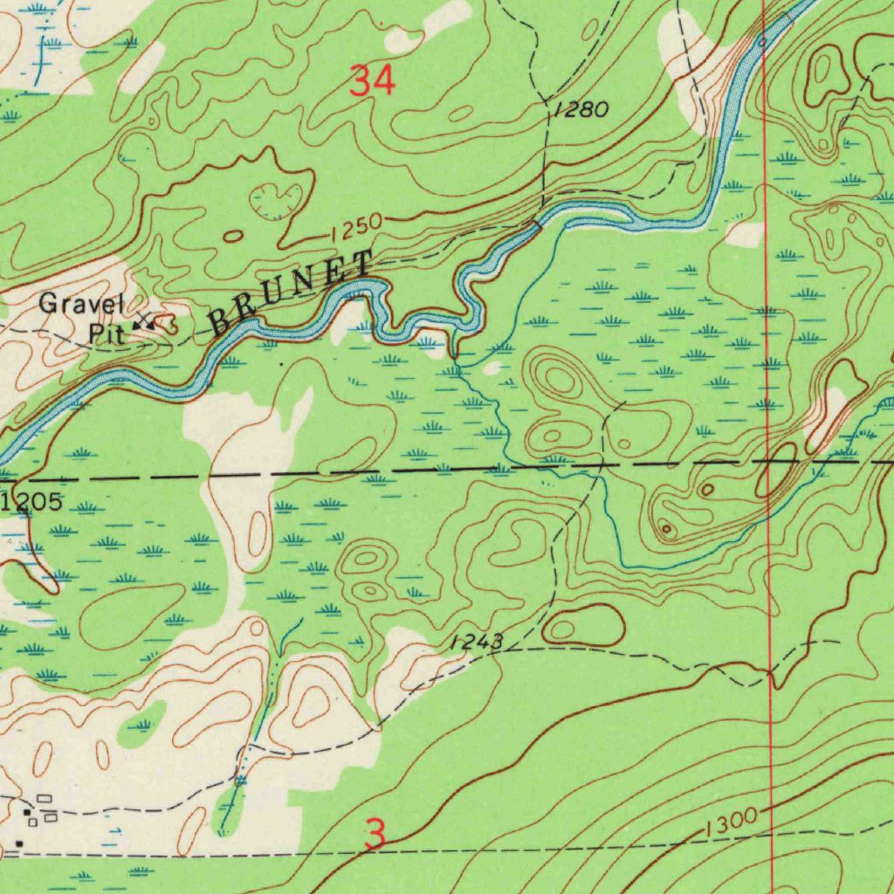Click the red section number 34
click(x=373, y=82)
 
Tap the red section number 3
click(x=375, y=835)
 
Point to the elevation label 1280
click(x=579, y=110)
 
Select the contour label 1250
click(x=355, y=229)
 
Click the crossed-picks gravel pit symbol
click(x=144, y=323)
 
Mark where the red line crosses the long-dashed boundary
click(x=768, y=463)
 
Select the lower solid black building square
click(x=19, y=842)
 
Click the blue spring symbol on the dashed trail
click(x=241, y=780)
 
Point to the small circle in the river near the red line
click(x=761, y=41)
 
